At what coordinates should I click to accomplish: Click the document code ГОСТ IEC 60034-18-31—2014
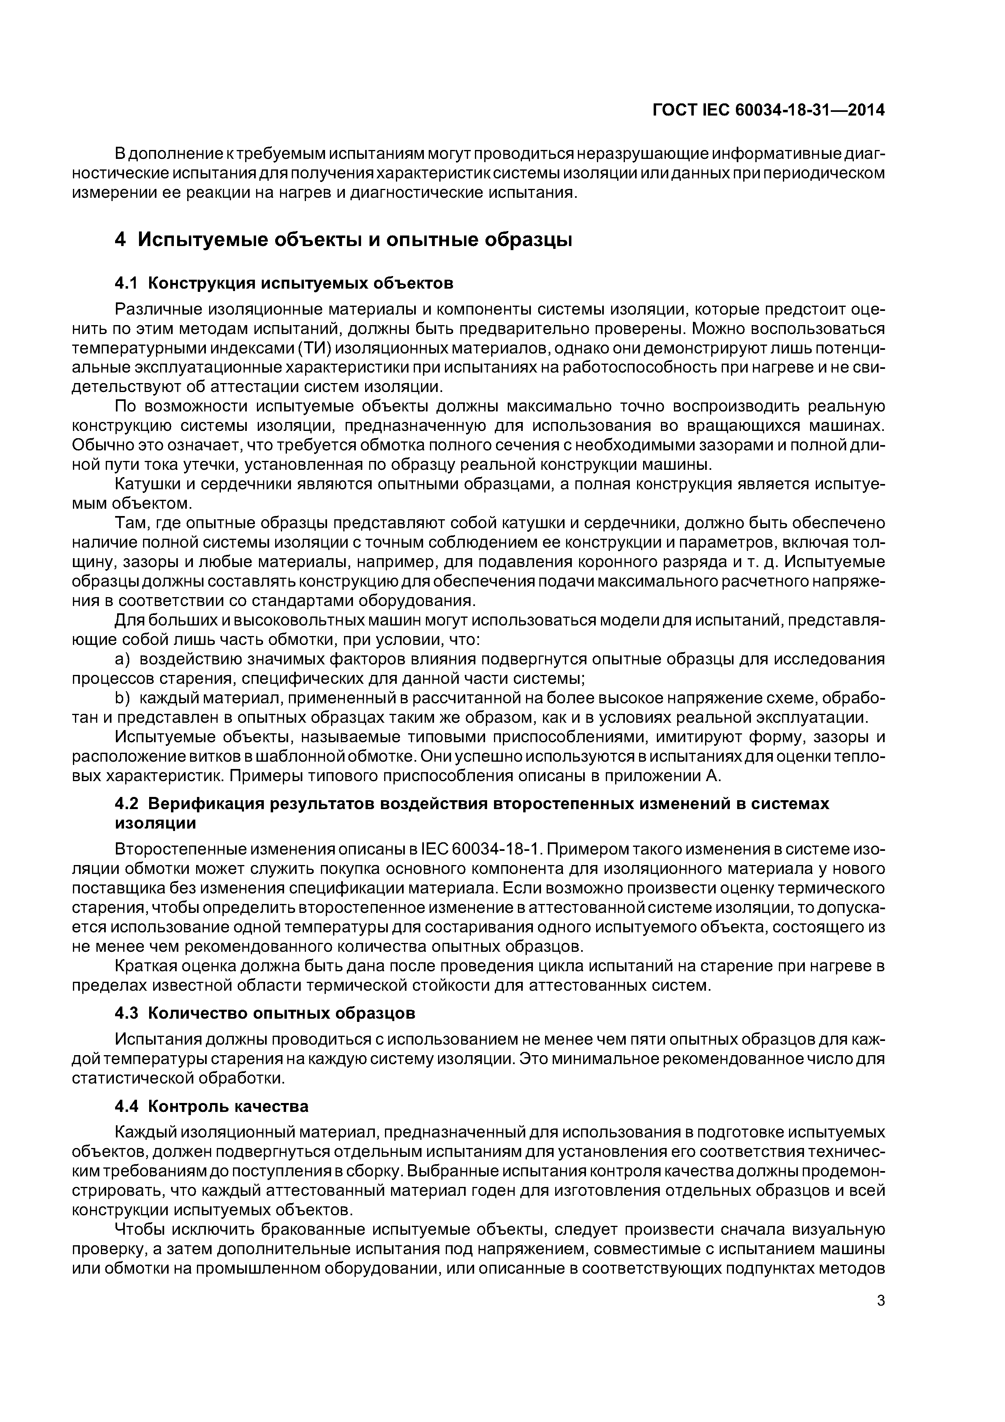768,110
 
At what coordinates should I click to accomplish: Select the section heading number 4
121,239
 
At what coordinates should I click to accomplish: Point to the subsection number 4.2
127,804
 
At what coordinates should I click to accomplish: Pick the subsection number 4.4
127,1106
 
